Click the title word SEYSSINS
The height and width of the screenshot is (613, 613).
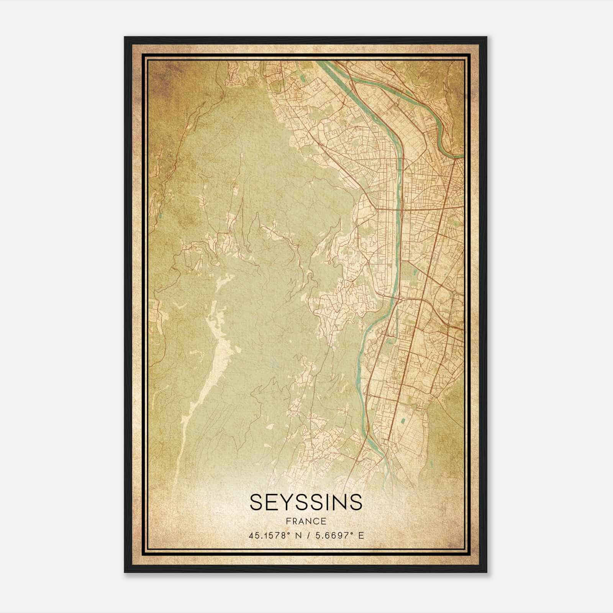click(x=306, y=502)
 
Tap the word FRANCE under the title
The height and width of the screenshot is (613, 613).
click(x=306, y=521)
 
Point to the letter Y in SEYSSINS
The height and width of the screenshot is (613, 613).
click(x=280, y=502)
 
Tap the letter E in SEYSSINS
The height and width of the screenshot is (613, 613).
click(x=266, y=502)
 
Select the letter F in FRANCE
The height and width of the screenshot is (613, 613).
click(x=288, y=521)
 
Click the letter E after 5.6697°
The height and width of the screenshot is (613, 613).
click(x=361, y=536)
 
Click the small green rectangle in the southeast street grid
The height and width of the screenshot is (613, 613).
click(x=403, y=420)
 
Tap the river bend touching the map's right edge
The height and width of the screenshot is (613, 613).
click(x=456, y=155)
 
